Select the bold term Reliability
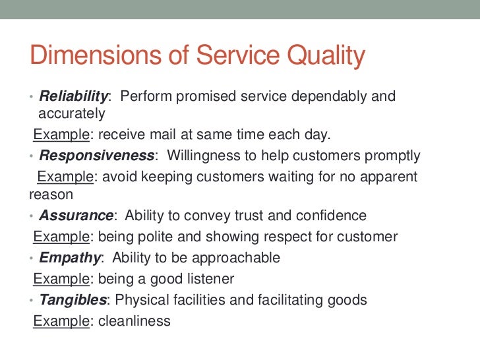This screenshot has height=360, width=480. pos(74,96)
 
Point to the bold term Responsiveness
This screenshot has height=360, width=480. pos(96,156)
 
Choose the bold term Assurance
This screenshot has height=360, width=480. pos(76,216)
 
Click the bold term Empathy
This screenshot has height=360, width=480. pos(70,258)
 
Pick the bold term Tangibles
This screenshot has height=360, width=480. pos(73,300)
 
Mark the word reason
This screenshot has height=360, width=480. pos(51,195)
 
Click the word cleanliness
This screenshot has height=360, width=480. pos(133,321)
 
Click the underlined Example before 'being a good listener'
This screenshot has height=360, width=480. pos(61,279)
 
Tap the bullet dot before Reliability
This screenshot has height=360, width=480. pos(32,97)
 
